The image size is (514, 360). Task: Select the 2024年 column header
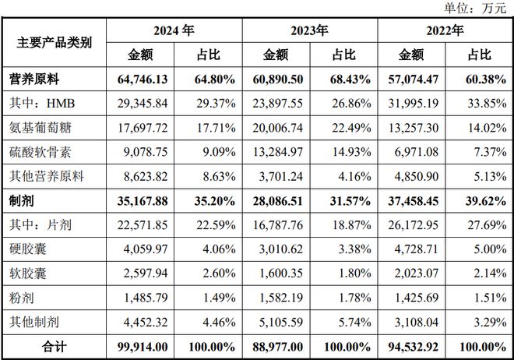174,31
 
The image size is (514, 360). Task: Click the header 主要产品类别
55,42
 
